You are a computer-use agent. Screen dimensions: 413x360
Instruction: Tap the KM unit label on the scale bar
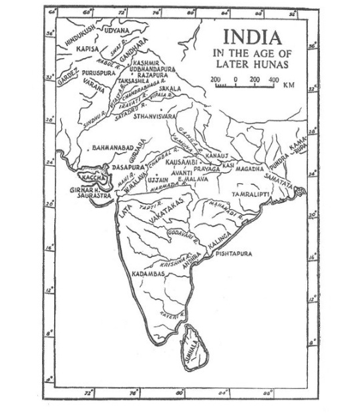pyautogui.click(x=289, y=85)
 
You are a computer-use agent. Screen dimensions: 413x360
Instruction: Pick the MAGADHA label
pyautogui.click(x=250, y=169)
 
